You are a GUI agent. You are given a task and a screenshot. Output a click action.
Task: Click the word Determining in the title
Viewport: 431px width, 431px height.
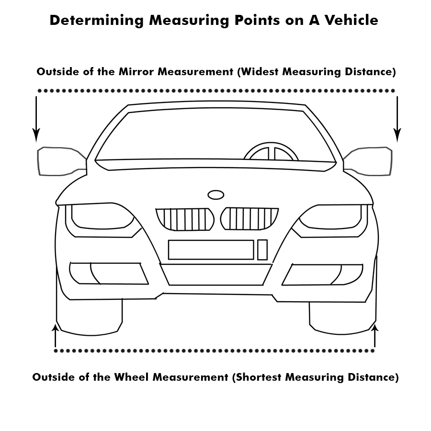pos(96,21)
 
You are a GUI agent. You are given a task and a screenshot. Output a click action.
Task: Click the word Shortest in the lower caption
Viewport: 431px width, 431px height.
pos(258,377)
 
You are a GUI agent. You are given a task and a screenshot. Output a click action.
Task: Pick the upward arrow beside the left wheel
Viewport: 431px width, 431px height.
pos(56,335)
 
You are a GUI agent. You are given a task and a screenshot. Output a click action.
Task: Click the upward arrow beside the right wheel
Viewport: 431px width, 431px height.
pos(374,335)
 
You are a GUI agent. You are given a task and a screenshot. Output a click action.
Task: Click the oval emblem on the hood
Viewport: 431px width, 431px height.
pos(215,194)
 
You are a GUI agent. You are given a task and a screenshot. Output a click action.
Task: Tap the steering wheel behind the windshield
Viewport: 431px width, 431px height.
pos(271,152)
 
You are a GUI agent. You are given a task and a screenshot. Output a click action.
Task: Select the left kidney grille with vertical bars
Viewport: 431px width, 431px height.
pos(184,219)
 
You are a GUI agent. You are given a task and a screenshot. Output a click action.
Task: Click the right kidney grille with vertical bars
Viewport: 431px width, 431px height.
pos(249,218)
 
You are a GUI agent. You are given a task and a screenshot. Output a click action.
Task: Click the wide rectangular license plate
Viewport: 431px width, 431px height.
pos(211,250)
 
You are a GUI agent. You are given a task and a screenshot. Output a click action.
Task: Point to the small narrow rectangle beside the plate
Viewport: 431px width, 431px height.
pos(262,250)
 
